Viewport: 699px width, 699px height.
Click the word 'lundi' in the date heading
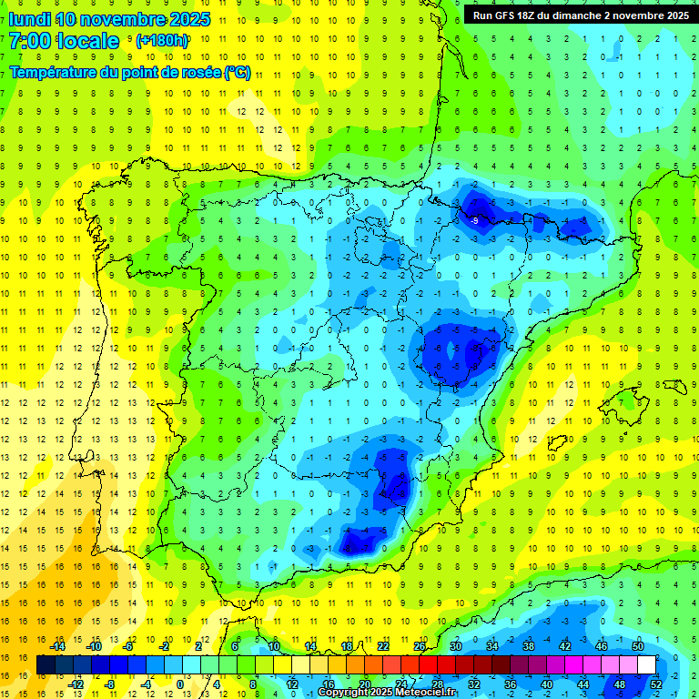pyautogui.click(x=29, y=19)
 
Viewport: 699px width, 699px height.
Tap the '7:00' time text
pyautogui.click(x=28, y=41)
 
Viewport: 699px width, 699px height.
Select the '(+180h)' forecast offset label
pyautogui.click(x=162, y=41)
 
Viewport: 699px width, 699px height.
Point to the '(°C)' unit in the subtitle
pyautogui.click(x=237, y=73)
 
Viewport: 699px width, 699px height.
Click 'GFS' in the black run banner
pyautogui.click(x=506, y=15)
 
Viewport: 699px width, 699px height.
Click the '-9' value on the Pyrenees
pyautogui.click(x=474, y=220)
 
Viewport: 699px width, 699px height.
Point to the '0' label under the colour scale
pyautogui.click(x=180, y=684)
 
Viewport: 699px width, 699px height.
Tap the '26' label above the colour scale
pyautogui.click(x=420, y=646)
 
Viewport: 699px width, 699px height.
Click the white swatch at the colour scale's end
pyautogui.click(x=646, y=665)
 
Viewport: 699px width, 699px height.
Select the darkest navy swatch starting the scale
pyautogui.click(x=46, y=665)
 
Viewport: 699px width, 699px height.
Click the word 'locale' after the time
pyautogui.click(x=86, y=41)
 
